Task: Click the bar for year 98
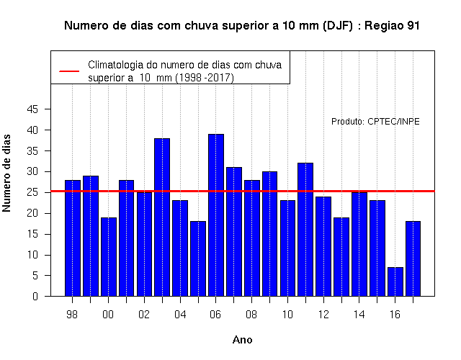73,238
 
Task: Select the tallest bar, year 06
216,215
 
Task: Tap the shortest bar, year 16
395,282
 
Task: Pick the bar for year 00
109,257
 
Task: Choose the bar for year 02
144,244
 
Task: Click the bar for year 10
288,248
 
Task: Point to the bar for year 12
323,246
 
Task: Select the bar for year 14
359,244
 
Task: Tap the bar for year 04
180,248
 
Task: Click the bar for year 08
252,238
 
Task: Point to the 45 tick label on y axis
32,109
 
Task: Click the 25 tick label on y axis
32,192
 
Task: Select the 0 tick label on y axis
35,296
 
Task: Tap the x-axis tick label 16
395,315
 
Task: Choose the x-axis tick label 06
215,315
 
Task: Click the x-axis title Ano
243,340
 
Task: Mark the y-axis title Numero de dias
6,173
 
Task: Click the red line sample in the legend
69,71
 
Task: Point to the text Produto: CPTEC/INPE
375,122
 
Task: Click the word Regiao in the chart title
384,26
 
